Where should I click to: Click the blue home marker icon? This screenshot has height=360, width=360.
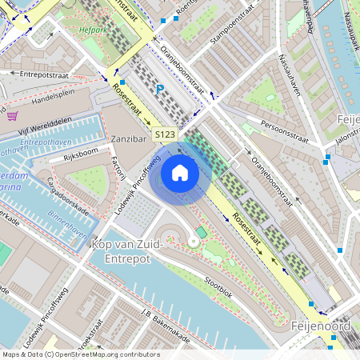pyautogui.click(x=180, y=172)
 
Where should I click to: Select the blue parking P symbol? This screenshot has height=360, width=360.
pyautogui.click(x=160, y=90)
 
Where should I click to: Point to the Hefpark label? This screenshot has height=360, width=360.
pyautogui.click(x=93, y=32)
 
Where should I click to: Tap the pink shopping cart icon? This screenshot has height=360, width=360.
pyautogui.click(x=12, y=116)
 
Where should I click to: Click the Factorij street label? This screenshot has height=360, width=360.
pyautogui.click(x=119, y=167)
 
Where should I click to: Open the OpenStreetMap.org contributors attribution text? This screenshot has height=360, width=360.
pyautogui.click(x=104, y=354)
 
